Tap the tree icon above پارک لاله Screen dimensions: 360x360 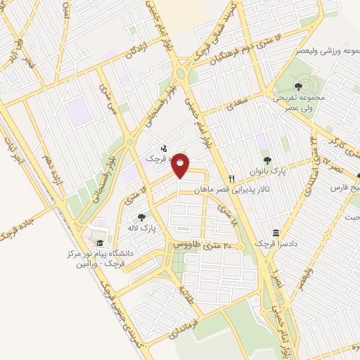[x=142, y=218]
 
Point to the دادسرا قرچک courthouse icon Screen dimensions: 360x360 [x=275, y=233]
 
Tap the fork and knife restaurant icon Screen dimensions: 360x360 [x=231, y=179]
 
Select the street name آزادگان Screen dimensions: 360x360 [x=139, y=53]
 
